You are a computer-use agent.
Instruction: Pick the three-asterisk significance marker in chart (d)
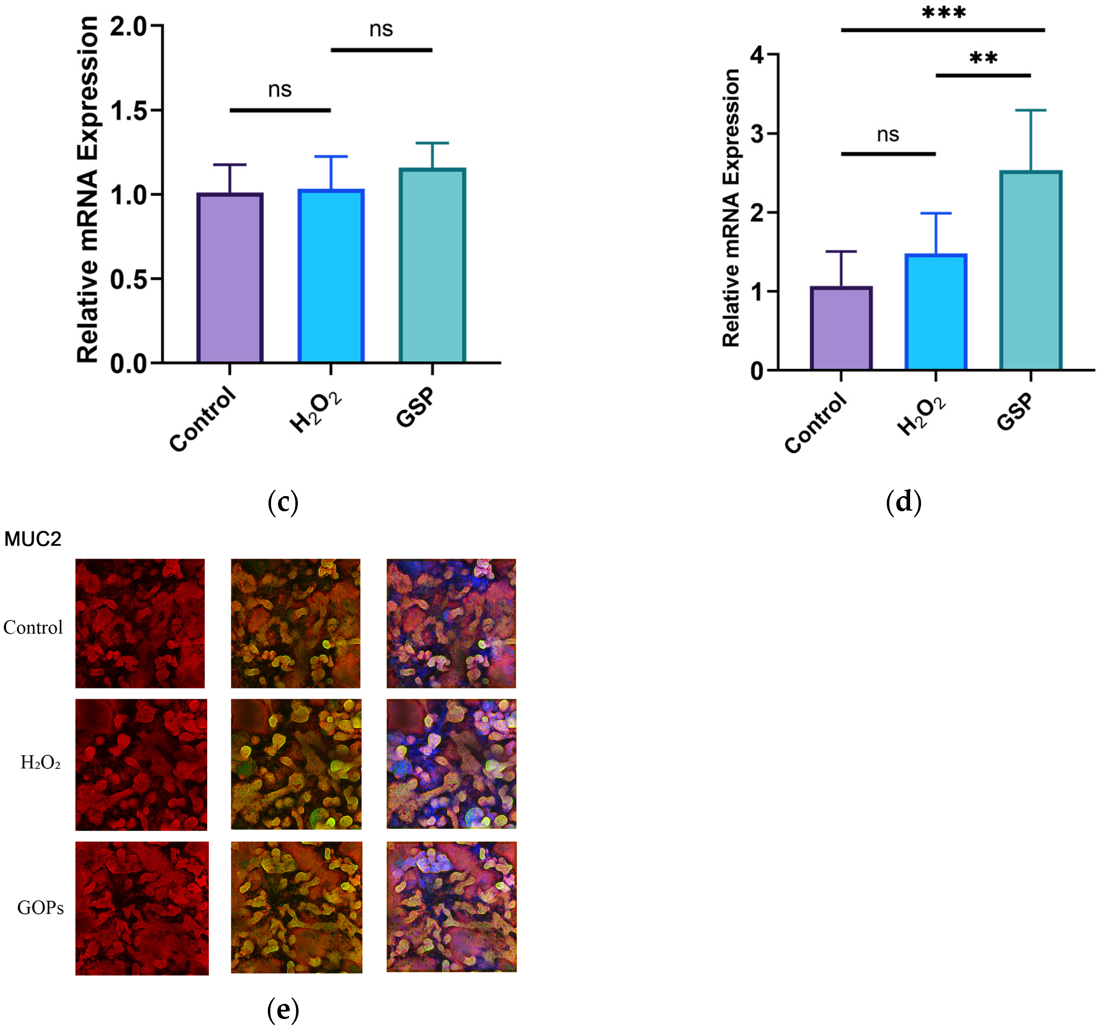tap(944, 13)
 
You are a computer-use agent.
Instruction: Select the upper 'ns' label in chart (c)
tap(381, 29)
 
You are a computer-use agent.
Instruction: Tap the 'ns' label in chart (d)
tap(888, 135)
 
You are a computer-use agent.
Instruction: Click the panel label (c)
tap(283, 502)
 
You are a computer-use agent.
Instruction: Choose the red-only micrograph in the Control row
tap(140, 623)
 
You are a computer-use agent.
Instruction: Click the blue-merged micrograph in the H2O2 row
tap(451, 764)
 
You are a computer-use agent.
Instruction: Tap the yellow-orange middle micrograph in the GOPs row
tap(296, 907)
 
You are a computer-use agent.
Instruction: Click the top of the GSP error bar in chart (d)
tap(1031, 110)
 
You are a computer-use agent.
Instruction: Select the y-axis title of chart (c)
tap(88, 190)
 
